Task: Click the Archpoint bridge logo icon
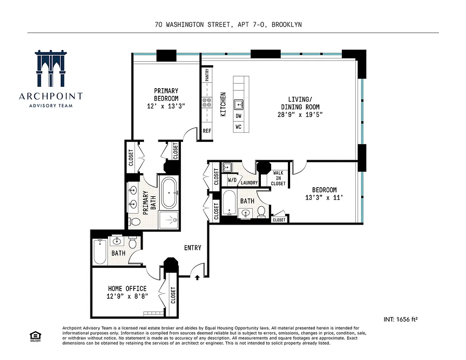coord(50,68)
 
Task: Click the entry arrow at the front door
coord(197,278)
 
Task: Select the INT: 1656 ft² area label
coord(401,319)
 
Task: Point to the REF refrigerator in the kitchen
coord(207,131)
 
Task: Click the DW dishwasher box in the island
coord(238,116)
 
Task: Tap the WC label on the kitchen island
coord(238,127)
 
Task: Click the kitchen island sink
coord(239,104)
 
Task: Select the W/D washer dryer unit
coord(232,180)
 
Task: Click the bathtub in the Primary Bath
coord(170,192)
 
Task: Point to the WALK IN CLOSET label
coord(278,178)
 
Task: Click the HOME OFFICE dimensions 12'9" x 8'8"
coord(127,296)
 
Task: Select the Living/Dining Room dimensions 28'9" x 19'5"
coord(300,115)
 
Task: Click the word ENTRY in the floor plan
coord(193,248)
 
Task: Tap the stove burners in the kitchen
coord(207,103)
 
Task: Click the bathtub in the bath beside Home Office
coord(99,252)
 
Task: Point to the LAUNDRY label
coord(249,183)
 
